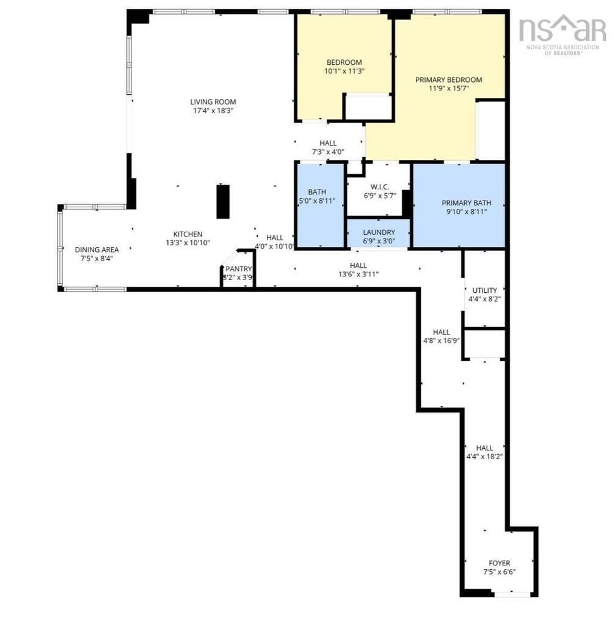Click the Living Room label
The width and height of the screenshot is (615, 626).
(212, 102)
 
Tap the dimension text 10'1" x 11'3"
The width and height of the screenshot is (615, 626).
(344, 72)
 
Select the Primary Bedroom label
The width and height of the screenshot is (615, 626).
(448, 79)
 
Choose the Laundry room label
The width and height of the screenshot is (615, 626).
(379, 232)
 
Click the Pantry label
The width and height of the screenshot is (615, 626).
(238, 269)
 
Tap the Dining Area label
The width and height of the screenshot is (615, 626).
(96, 249)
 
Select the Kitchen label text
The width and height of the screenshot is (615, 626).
(187, 234)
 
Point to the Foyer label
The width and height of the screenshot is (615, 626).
(499, 563)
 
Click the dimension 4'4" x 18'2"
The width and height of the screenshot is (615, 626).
(484, 456)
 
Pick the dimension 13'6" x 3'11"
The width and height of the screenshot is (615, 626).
(358, 274)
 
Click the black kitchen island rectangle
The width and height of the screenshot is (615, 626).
(223, 201)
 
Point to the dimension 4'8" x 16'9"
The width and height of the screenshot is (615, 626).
(441, 341)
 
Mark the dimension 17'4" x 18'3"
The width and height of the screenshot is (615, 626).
(212, 111)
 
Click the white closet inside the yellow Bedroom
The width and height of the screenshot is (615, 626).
(368, 107)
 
